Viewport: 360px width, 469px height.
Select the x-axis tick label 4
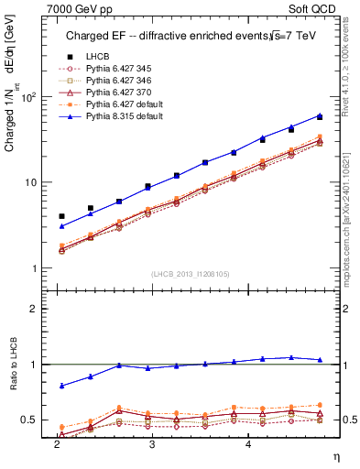(x=247, y=442)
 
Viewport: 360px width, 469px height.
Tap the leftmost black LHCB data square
(x=61, y=216)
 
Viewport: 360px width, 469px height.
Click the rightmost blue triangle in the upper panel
(x=320, y=115)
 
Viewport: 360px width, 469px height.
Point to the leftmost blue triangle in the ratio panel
(x=61, y=386)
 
